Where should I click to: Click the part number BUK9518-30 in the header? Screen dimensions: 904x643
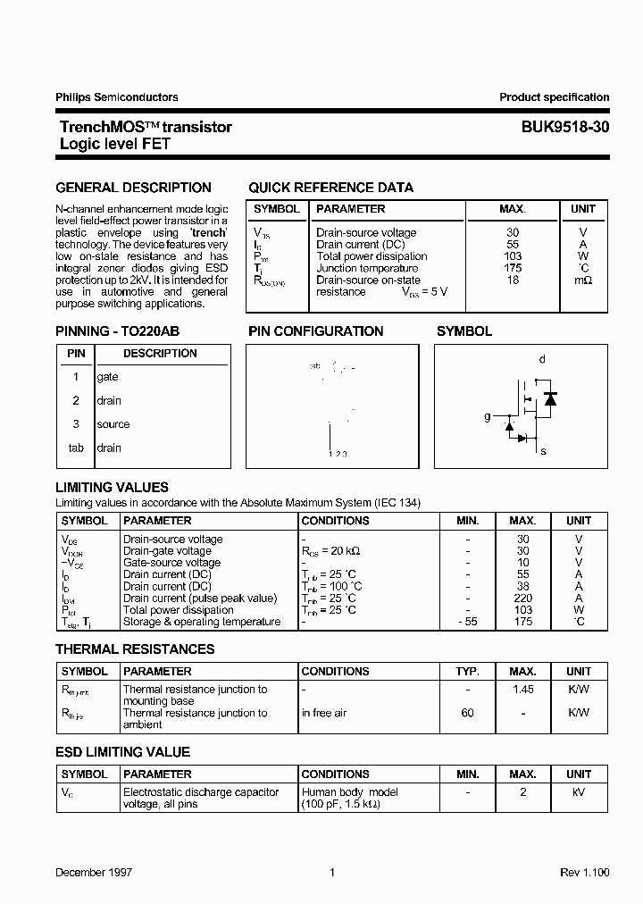point(565,128)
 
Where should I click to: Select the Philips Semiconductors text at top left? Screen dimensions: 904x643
point(116,97)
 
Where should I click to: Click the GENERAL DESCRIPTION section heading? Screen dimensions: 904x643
point(133,188)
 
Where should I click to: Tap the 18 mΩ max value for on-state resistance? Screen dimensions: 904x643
point(513,280)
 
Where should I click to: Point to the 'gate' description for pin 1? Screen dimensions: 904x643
point(107,377)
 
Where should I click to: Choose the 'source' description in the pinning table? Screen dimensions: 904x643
point(113,424)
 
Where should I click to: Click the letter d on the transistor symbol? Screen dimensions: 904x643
point(542,359)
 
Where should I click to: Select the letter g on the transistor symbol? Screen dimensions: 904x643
point(487,416)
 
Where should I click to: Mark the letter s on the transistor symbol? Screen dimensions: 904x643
point(542,451)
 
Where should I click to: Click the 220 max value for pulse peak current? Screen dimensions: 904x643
point(522,598)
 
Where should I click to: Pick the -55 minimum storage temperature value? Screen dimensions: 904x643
point(467,622)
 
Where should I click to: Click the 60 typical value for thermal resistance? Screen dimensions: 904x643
point(467,713)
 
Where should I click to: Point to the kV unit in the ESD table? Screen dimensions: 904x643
point(579,792)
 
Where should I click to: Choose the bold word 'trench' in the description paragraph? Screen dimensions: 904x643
point(206,232)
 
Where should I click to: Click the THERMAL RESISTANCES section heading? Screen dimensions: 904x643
point(135,649)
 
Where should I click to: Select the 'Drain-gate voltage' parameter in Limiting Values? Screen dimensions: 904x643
point(167,551)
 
